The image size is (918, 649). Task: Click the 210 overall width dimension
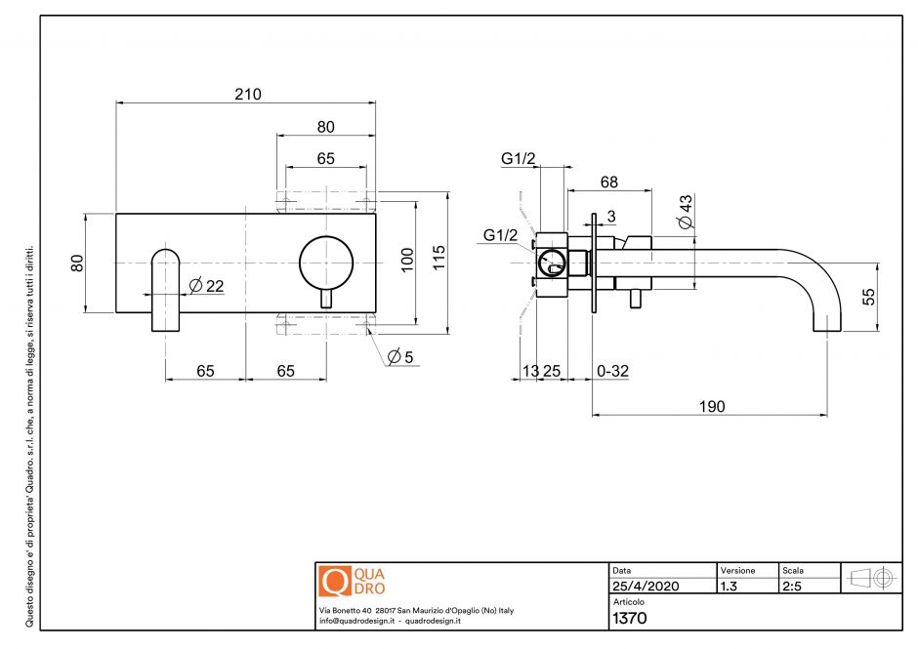pos(248,95)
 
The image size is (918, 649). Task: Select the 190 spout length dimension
pos(711,405)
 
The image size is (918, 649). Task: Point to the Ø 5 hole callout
pos(400,357)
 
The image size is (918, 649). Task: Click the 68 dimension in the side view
pos(608,182)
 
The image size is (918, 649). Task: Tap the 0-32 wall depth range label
pos(613,371)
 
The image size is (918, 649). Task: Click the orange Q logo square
pos(335,581)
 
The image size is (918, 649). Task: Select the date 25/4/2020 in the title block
pos(646,587)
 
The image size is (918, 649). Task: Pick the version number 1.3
pos(729,587)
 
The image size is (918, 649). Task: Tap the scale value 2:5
pos(793,587)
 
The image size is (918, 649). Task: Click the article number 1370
pos(628,617)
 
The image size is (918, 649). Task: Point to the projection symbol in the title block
pos(872,577)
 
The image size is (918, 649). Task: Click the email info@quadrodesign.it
pos(355,621)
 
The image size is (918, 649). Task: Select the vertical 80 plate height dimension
pos(78,264)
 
